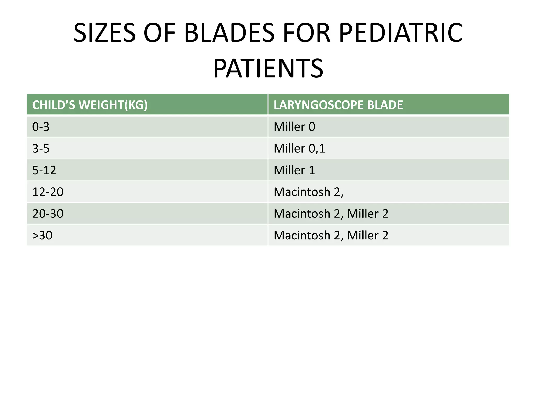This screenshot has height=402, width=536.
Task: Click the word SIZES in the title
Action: (x=104, y=33)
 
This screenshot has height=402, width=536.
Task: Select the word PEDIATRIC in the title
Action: (x=401, y=33)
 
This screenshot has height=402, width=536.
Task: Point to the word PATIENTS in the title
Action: (x=268, y=69)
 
